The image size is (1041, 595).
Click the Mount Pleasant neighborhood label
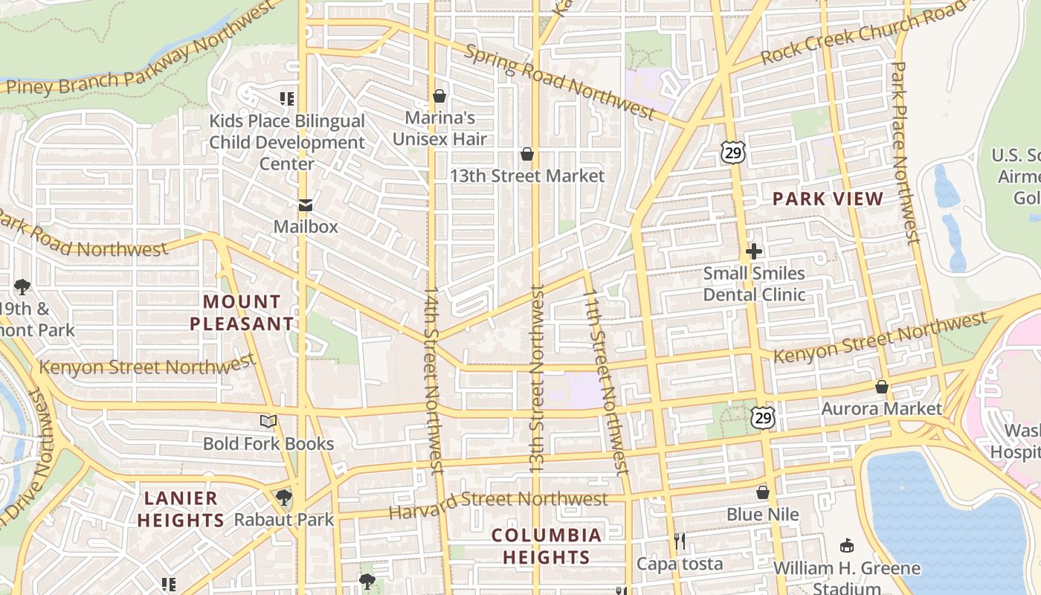click(x=242, y=312)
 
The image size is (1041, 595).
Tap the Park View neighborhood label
click(x=828, y=199)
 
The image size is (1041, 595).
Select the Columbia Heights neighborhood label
click(x=547, y=546)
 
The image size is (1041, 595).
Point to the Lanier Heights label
click(x=181, y=509)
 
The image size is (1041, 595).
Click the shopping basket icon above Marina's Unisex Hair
click(x=439, y=96)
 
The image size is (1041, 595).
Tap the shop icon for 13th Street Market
click(x=527, y=154)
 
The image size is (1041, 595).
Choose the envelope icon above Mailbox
click(x=305, y=205)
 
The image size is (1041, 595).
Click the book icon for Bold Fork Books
click(x=268, y=422)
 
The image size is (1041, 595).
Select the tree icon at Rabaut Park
click(x=283, y=498)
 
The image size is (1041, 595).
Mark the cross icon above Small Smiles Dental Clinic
click(x=754, y=251)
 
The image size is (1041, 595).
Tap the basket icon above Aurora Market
click(x=882, y=387)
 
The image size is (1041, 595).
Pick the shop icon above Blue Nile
click(x=763, y=492)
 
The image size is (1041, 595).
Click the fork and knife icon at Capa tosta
click(x=679, y=541)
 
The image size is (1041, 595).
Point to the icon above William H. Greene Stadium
click(x=846, y=546)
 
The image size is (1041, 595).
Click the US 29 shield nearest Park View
click(x=732, y=153)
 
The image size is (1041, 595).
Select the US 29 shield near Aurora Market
click(x=762, y=418)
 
